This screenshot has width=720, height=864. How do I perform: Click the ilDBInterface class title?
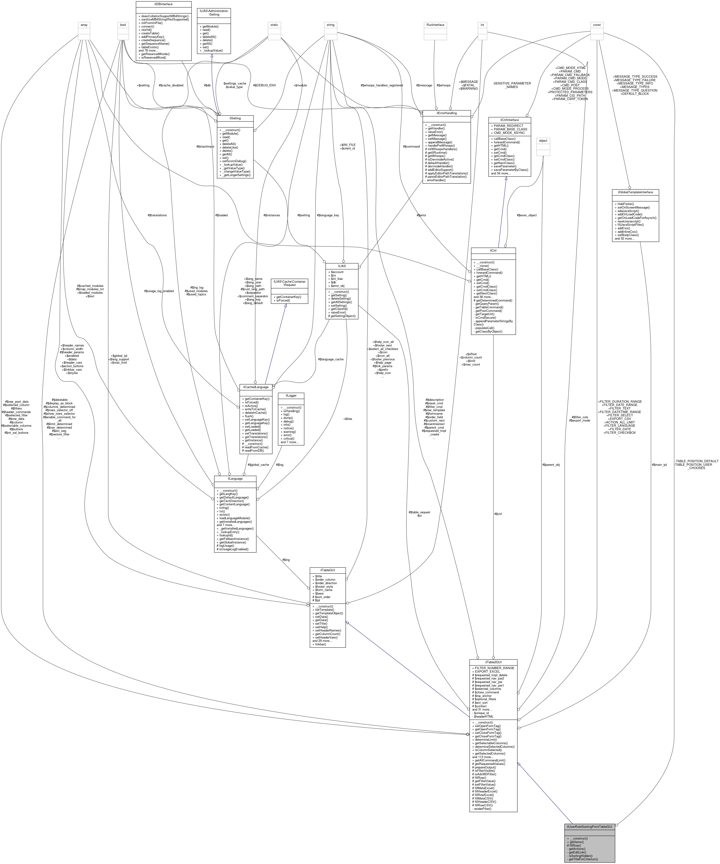point(163,4)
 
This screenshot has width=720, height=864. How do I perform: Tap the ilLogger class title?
point(291,395)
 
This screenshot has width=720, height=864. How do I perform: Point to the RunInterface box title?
point(435,25)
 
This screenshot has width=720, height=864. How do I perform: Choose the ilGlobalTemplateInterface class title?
point(635,192)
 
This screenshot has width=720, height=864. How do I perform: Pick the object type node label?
point(543,141)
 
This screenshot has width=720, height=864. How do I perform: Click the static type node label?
point(274,25)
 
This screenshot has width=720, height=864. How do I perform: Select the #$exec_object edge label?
point(527,215)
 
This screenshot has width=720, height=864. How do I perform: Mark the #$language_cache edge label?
point(330,359)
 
